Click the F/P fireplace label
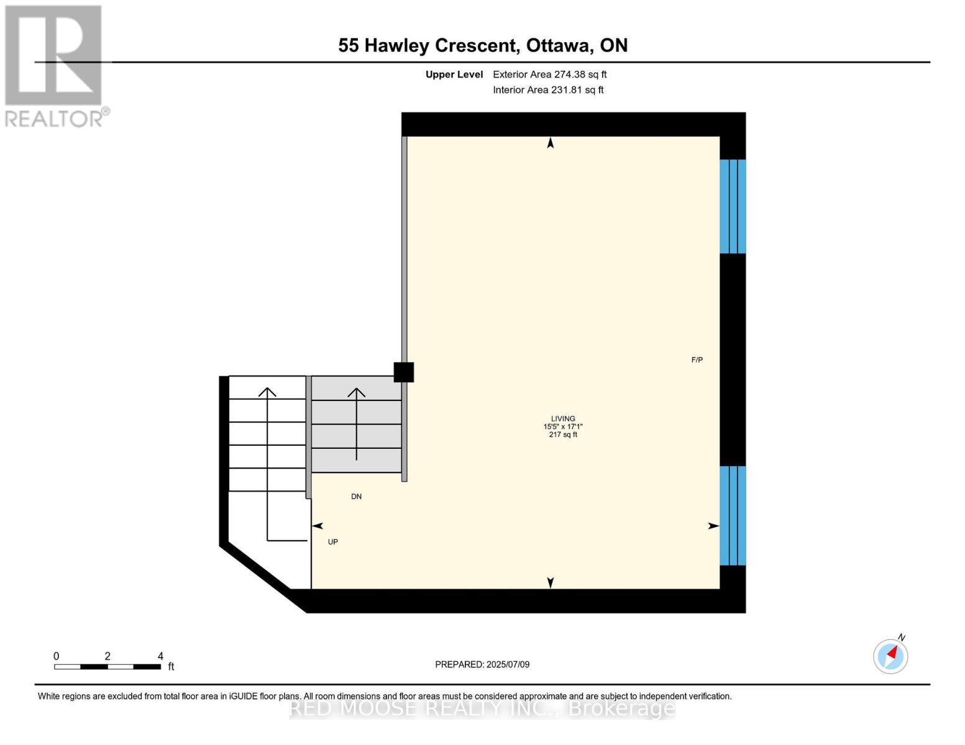pyautogui.click(x=697, y=360)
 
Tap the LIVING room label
pyautogui.click(x=563, y=418)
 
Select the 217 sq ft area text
pyautogui.click(x=563, y=435)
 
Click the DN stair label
pyautogui.click(x=356, y=497)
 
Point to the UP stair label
pyautogui.click(x=333, y=542)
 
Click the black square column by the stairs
pyautogui.click(x=404, y=372)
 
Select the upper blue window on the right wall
pyautogui.click(x=733, y=207)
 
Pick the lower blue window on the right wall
pyautogui.click(x=733, y=515)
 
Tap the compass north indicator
pyautogui.click(x=891, y=656)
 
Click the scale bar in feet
pyautogui.click(x=107, y=667)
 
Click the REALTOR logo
pyautogui.click(x=55, y=66)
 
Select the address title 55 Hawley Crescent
pyautogui.click(x=483, y=45)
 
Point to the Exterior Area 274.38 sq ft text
pyautogui.click(x=549, y=74)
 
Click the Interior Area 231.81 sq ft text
pyautogui.click(x=548, y=90)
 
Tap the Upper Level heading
pyautogui.click(x=454, y=74)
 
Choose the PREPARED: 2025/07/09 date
pyautogui.click(x=482, y=664)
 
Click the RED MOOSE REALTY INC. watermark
pyautogui.click(x=482, y=708)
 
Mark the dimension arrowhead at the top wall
pyautogui.click(x=550, y=143)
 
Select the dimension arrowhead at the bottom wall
pyautogui.click(x=550, y=582)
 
